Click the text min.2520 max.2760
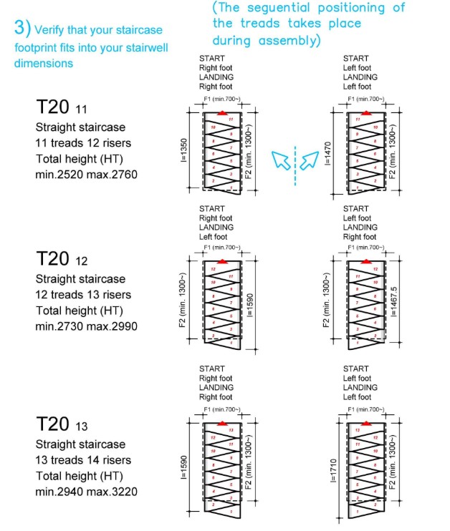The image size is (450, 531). (x=86, y=175)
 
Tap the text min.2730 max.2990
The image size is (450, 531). (x=86, y=326)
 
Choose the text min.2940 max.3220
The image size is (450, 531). (x=86, y=492)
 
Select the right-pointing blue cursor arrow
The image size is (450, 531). (x=308, y=160)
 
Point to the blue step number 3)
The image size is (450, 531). (x=21, y=28)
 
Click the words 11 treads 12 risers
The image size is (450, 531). (x=83, y=143)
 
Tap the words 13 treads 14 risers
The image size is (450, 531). (x=83, y=460)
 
